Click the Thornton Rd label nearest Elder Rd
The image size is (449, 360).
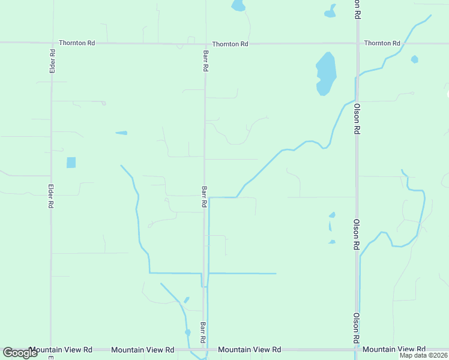click(77, 43)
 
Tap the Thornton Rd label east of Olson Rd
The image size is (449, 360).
click(382, 43)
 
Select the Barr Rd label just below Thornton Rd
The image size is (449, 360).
click(205, 61)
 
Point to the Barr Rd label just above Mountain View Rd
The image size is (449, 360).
click(203, 332)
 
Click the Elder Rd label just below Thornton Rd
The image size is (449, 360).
click(52, 61)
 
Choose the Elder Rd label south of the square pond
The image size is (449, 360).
click(50, 196)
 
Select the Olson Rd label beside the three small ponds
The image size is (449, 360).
click(356, 234)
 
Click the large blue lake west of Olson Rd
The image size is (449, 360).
click(325, 74)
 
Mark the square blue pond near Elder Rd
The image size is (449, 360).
click(71, 162)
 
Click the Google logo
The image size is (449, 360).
click(20, 352)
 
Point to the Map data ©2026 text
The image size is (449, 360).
click(423, 355)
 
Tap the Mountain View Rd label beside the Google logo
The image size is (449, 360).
click(61, 349)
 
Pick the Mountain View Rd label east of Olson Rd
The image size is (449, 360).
click(394, 349)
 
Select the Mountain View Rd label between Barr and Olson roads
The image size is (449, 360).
click(250, 349)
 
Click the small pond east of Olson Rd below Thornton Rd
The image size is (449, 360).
click(414, 59)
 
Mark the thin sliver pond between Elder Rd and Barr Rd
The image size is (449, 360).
click(121, 133)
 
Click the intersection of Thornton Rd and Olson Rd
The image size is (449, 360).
click(357, 43)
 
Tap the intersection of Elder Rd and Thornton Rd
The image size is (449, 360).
click(52, 43)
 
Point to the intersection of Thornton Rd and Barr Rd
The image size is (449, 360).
click(205, 43)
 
